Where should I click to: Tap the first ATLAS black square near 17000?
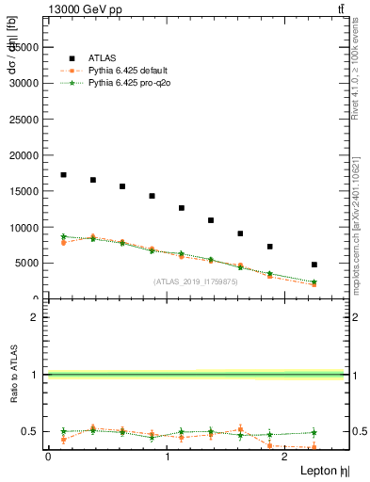click(63, 175)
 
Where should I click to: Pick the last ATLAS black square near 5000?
click(314, 265)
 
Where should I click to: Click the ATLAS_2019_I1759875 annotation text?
click(196, 281)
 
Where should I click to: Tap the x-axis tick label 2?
click(287, 457)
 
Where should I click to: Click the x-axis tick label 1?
click(168, 457)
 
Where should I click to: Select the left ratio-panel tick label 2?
click(35, 317)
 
